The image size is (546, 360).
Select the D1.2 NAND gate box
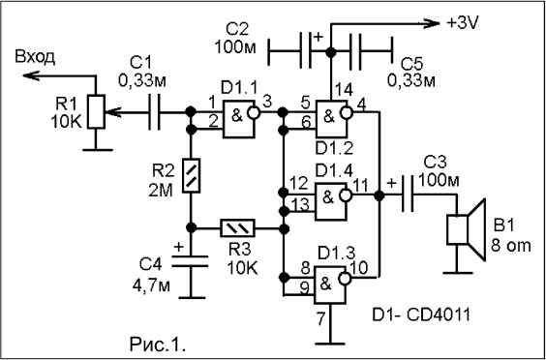pos(333,119)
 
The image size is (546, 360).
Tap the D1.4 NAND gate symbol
pos(333,201)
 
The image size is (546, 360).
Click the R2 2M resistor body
pos(191,175)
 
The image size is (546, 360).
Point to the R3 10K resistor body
pos(237,228)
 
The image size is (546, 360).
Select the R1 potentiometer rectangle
pos(96,111)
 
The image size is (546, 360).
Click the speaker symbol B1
pos(467,229)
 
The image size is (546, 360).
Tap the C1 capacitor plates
pos(154,111)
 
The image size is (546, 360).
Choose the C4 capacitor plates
pos(191,261)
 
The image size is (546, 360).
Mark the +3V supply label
pos(463,23)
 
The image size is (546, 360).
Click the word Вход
pos(35,57)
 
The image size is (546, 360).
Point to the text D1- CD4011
pos(421,315)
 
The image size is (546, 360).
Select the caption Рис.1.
pos(158,345)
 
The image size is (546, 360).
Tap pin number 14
pos(345,92)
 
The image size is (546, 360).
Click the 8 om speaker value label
pos(511,246)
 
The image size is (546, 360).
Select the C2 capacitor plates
pos(305,50)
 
